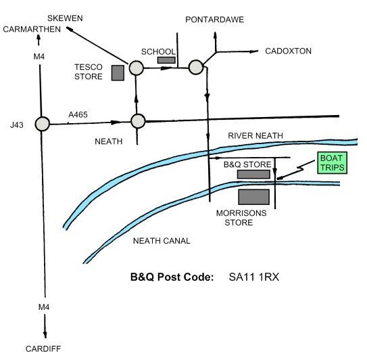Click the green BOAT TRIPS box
point(332,163)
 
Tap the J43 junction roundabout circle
point(43,124)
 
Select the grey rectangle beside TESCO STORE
point(118,73)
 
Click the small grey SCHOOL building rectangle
point(166,60)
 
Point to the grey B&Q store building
point(253,175)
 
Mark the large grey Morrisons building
point(254,197)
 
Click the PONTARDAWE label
point(215,20)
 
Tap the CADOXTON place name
point(288,51)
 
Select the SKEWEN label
point(65,18)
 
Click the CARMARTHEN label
point(32,29)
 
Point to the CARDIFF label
point(43,348)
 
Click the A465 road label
point(78,114)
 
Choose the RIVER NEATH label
point(255,136)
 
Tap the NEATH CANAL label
point(162,241)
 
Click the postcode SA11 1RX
point(254,277)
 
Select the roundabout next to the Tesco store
point(137,68)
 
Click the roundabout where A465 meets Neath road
point(138,121)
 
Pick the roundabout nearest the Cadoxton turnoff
point(196,67)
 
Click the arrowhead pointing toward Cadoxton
point(253,51)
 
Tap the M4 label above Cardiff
point(44,307)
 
